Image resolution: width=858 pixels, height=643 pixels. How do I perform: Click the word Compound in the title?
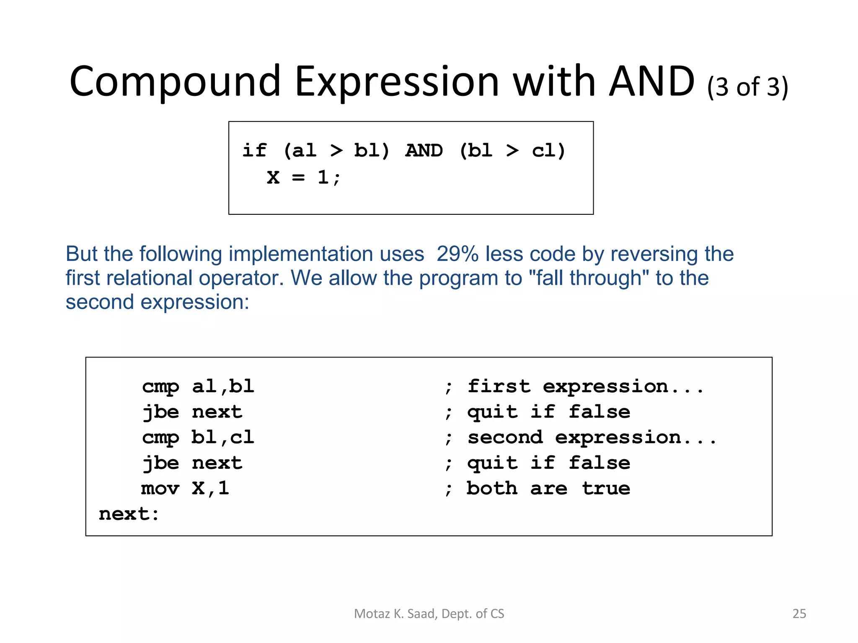[175, 82]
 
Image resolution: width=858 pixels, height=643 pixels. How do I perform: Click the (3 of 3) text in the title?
[748, 87]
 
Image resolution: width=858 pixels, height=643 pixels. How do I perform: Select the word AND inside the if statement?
[424, 151]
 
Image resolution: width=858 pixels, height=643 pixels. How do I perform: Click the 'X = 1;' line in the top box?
[304, 177]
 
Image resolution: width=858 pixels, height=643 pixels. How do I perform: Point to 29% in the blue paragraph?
[458, 254]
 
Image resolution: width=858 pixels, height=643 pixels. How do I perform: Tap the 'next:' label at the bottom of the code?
[129, 514]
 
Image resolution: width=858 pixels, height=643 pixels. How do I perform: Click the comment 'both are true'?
[548, 489]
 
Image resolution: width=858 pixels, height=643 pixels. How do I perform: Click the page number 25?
[799, 613]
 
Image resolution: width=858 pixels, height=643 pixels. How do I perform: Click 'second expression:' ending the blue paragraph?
[158, 302]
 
